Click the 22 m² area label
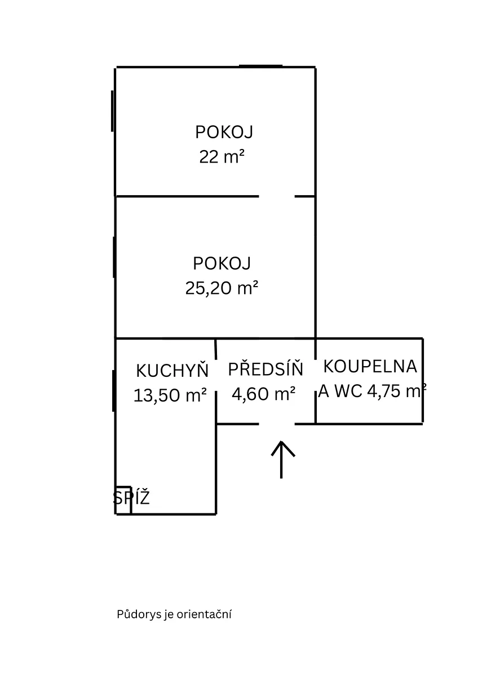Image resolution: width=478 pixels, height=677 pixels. [x=222, y=157]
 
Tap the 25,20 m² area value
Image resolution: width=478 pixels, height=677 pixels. [x=222, y=288]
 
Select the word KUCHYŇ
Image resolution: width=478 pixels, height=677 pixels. [x=172, y=371]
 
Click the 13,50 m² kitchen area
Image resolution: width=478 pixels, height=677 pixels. [x=170, y=395]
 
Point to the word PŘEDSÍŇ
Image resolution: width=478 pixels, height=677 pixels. [x=265, y=370]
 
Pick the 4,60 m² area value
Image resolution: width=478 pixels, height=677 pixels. [x=264, y=393]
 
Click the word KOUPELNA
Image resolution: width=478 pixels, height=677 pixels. [x=370, y=366]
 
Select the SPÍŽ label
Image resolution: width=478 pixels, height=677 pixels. [x=131, y=498]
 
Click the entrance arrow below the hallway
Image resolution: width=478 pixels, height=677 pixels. [x=282, y=458]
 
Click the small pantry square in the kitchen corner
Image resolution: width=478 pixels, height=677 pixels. [x=123, y=500]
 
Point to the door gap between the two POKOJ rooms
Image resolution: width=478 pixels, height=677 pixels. [x=277, y=196]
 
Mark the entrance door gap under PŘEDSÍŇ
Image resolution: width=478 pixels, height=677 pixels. [x=277, y=424]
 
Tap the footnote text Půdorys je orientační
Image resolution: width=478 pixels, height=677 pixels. [x=174, y=614]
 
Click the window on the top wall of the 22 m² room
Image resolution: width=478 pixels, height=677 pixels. [x=260, y=66]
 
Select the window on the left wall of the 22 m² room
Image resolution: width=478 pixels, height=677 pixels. [x=113, y=111]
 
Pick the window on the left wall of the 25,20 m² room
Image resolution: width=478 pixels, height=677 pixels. [x=114, y=257]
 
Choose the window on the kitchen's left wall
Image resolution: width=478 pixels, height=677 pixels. [x=114, y=390]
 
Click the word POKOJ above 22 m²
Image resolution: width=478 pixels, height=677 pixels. [x=224, y=132]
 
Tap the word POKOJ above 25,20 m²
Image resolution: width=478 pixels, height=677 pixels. [x=222, y=263]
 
